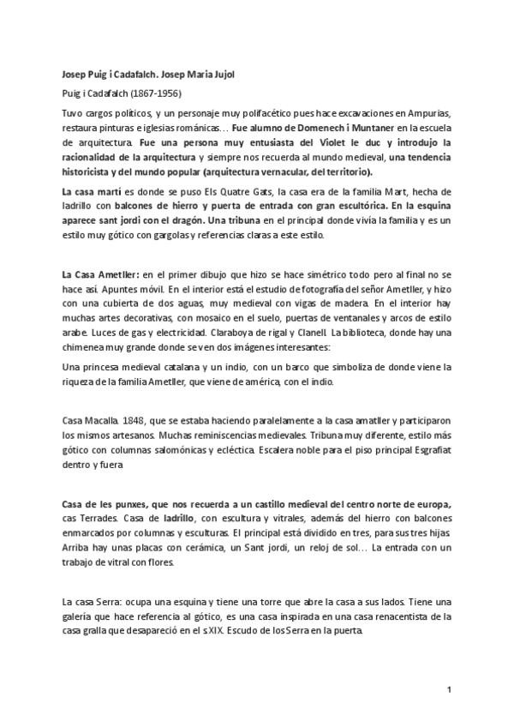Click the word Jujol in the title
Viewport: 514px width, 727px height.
click(x=220, y=75)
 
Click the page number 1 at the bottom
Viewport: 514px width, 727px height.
click(x=449, y=688)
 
